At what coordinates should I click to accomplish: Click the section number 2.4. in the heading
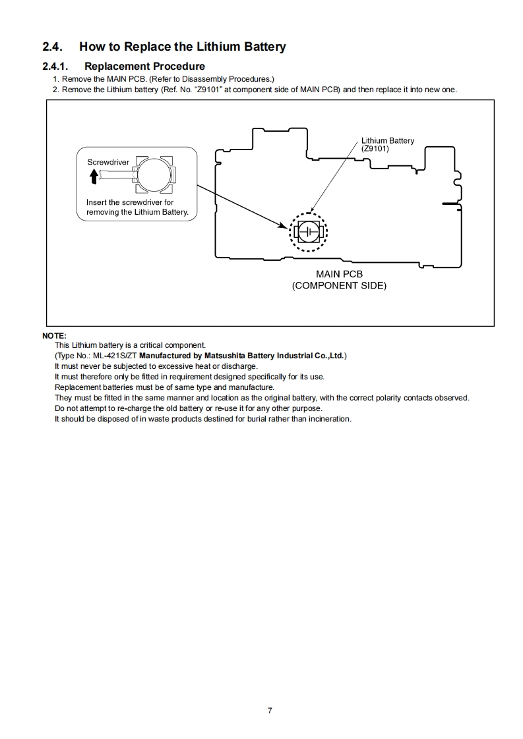point(52,47)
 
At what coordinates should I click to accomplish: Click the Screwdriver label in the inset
point(108,162)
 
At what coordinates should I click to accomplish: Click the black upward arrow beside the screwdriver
point(94,176)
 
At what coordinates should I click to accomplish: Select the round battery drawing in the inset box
point(154,175)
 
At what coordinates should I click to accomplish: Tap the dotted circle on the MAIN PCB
point(308,231)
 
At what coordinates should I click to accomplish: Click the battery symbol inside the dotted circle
point(308,231)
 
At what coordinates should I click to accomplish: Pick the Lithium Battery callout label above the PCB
point(388,140)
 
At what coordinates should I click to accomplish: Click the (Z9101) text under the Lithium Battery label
point(375,148)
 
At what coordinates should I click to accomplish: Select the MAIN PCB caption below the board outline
point(339,274)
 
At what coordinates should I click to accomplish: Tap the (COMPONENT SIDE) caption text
point(339,285)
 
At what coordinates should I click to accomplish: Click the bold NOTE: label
point(54,336)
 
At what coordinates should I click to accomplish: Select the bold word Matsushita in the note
point(224,356)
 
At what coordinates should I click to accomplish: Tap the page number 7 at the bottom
point(270,710)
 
